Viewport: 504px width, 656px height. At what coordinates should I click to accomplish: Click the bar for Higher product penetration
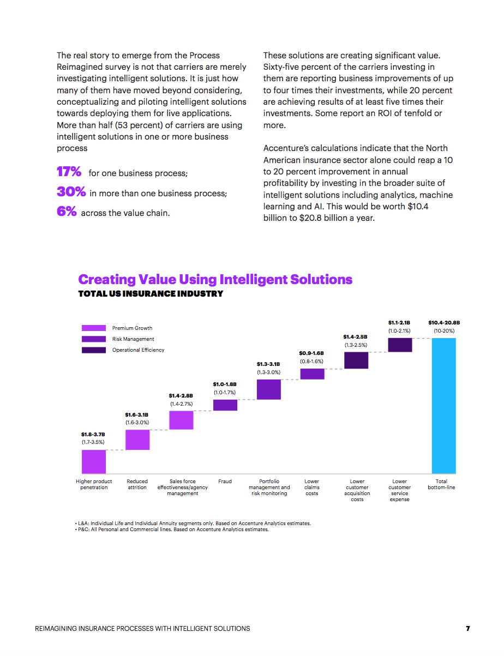[94, 462]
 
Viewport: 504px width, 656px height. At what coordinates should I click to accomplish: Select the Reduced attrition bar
[137, 440]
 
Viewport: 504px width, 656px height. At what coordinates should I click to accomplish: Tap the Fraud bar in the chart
[225, 405]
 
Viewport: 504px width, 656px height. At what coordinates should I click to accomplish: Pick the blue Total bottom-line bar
[443, 406]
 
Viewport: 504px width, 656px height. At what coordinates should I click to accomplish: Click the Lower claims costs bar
[312, 374]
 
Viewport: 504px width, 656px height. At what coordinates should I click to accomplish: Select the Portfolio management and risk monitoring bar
[268, 389]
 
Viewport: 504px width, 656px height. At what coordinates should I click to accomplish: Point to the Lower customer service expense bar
[400, 345]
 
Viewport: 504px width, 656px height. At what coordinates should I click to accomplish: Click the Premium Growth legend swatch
[94, 328]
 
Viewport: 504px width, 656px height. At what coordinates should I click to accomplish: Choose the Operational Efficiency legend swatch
[94, 350]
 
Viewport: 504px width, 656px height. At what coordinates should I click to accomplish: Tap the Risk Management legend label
[133, 339]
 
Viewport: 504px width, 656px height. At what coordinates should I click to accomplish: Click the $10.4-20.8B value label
[443, 323]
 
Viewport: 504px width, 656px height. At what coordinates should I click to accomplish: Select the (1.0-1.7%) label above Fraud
[225, 392]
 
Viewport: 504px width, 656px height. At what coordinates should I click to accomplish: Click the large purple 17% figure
[69, 172]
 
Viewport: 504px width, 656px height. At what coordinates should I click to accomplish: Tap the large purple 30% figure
[71, 192]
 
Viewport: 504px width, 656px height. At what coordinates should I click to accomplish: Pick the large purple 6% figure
[67, 212]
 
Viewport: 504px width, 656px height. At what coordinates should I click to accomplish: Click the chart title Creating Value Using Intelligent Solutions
[215, 280]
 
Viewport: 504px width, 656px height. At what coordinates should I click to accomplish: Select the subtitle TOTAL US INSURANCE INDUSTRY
[151, 294]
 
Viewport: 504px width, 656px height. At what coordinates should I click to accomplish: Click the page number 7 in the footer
[468, 629]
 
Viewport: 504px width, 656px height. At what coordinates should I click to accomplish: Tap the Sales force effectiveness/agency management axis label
[183, 488]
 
